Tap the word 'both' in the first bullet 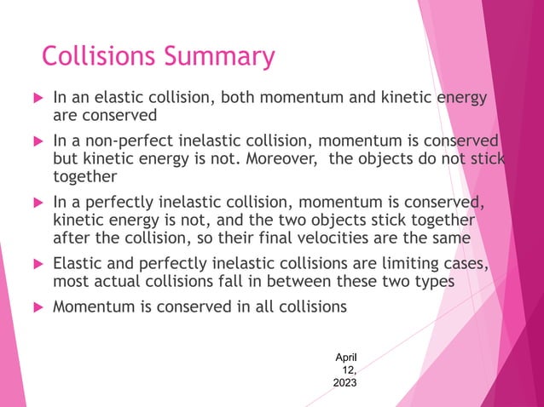tap(241, 98)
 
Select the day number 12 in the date tap(348, 370)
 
